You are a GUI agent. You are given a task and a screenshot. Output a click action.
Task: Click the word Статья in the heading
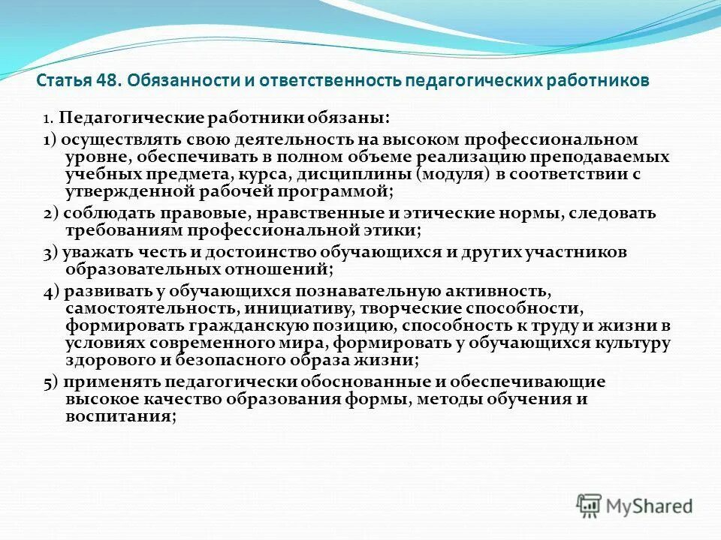point(63,80)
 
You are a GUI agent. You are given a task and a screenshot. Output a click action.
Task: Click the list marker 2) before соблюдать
point(51,213)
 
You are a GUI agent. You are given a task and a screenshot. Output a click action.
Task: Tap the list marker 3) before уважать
point(51,252)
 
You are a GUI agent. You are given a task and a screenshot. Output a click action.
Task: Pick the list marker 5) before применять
point(51,381)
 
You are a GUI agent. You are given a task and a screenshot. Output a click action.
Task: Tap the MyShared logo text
point(650,506)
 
